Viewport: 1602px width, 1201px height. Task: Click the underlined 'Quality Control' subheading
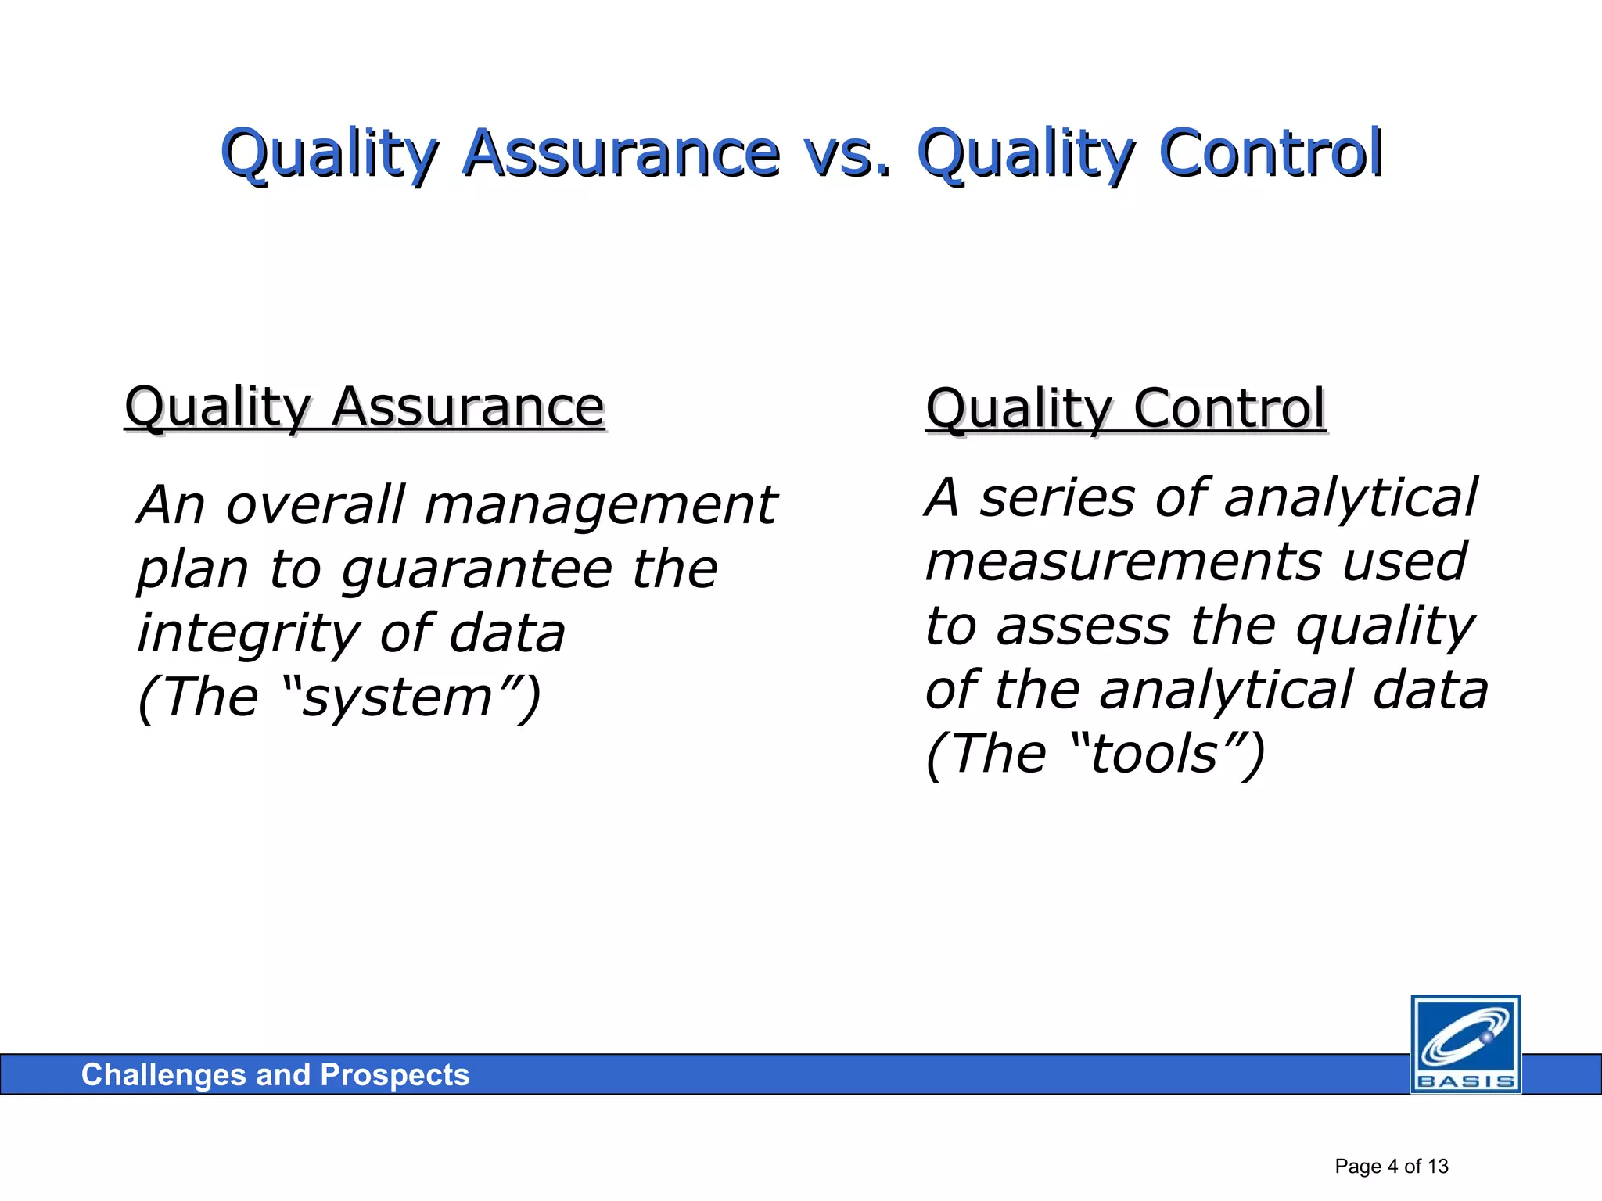point(1125,409)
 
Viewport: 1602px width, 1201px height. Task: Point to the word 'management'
point(600,504)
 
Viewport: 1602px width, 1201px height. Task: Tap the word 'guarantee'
point(476,569)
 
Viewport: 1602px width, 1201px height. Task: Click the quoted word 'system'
point(397,697)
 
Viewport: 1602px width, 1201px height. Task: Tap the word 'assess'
point(1083,626)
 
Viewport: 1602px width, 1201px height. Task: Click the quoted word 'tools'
point(1155,754)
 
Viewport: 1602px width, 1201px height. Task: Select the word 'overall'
point(315,504)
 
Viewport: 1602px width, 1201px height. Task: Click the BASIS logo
point(1465,1044)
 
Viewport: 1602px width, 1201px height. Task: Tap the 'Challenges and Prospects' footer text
point(275,1075)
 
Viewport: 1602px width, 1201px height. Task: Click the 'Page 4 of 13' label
point(1391,1167)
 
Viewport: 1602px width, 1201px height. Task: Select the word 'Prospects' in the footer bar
point(394,1075)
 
